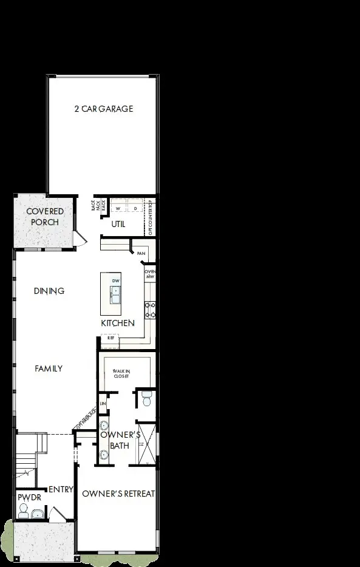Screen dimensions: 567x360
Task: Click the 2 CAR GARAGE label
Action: click(103, 109)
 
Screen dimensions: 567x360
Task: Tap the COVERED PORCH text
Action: click(44, 217)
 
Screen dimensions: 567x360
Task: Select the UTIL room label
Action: click(118, 224)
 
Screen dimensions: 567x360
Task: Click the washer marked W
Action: click(118, 208)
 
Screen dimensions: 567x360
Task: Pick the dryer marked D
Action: click(135, 208)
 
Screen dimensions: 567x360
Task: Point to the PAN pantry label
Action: click(141, 254)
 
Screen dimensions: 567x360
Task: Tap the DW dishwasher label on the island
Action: click(115, 280)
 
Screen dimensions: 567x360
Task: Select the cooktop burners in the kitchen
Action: click(150, 310)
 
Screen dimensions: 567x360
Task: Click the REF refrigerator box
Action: click(110, 338)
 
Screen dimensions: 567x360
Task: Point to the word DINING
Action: click(49, 291)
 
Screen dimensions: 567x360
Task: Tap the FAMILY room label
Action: click(48, 368)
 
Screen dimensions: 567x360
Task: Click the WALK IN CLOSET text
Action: click(122, 373)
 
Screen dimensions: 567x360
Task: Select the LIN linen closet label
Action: click(103, 403)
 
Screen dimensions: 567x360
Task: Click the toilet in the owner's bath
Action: click(146, 399)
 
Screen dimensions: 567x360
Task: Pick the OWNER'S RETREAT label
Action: click(118, 494)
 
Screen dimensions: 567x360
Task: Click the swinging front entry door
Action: click(58, 515)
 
